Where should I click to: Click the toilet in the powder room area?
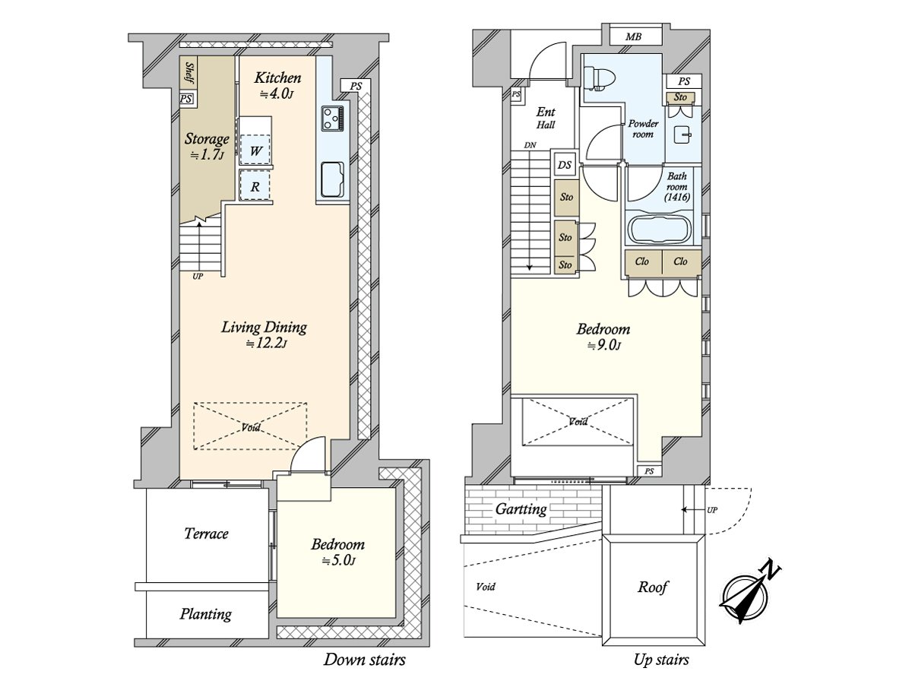[599, 79]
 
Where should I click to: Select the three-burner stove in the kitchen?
[332, 119]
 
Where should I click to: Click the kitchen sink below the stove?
[332, 179]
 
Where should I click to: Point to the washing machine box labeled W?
[255, 150]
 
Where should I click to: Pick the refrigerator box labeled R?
[255, 185]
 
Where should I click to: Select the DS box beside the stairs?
[564, 164]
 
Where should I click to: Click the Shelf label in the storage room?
[189, 73]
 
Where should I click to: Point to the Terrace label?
[206, 534]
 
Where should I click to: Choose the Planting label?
[206, 614]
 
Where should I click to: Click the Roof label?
[653, 587]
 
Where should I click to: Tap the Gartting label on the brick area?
[521, 509]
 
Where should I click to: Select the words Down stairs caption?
[364, 660]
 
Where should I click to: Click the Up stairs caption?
[661, 660]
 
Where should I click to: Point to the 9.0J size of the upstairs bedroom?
[604, 346]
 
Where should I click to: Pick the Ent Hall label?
[546, 118]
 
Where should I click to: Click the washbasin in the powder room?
[683, 135]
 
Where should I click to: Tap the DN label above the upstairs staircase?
[530, 145]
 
